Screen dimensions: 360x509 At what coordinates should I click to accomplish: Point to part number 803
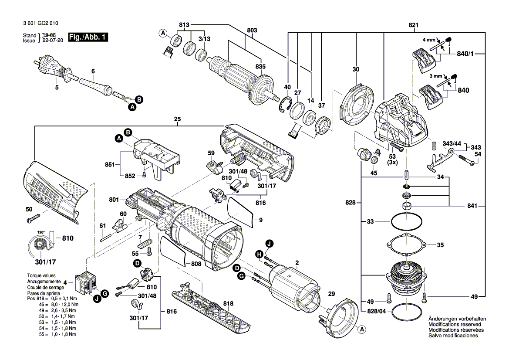[252, 31]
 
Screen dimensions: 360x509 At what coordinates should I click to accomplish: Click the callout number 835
[260, 67]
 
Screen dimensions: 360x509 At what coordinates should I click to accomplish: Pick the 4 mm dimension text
[429, 40]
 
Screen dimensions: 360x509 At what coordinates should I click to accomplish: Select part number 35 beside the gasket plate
[440, 245]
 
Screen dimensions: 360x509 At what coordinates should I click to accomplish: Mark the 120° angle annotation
[41, 232]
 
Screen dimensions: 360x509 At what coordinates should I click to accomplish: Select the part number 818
[228, 303]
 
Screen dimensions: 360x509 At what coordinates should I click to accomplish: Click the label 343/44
[452, 144]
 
